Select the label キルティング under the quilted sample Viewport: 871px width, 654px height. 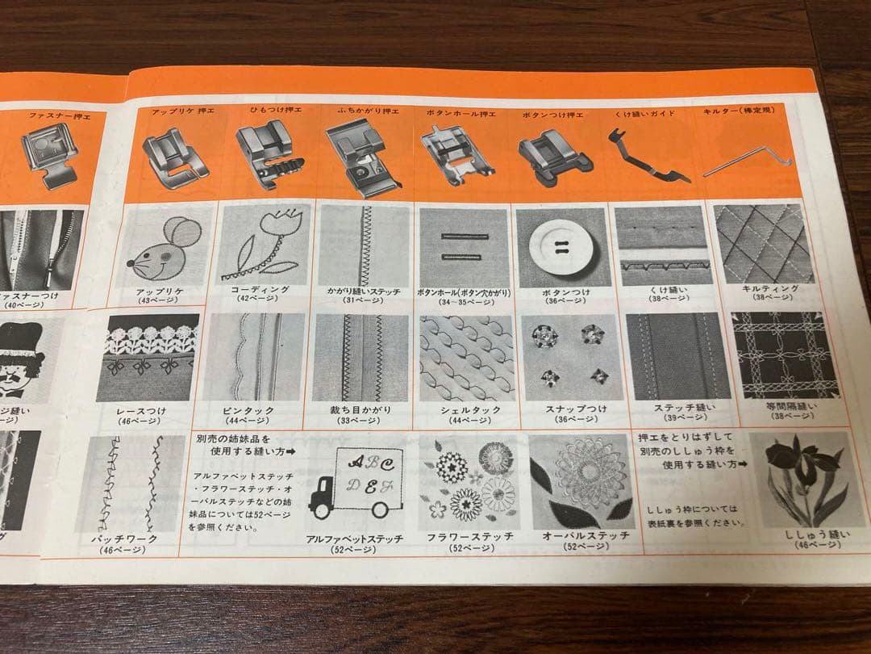pos(769,288)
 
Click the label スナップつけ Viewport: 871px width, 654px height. pos(565,409)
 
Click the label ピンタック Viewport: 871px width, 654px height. pos(248,410)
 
